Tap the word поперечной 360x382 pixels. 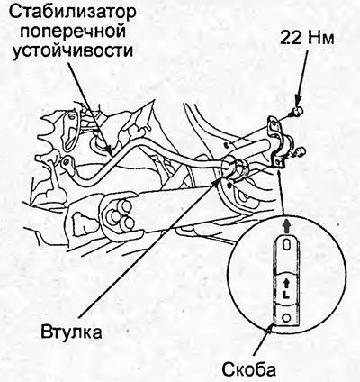tap(73, 31)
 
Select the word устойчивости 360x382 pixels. tap(73, 51)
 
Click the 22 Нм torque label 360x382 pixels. tap(307, 39)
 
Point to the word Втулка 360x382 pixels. tap(72, 332)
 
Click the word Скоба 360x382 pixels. tap(248, 369)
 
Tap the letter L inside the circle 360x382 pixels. tap(285, 295)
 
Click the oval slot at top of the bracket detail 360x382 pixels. tap(286, 246)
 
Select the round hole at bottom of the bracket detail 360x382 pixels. tap(286, 318)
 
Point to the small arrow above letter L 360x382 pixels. tap(285, 283)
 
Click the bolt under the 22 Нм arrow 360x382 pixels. tap(297, 112)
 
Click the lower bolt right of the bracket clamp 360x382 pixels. tap(300, 151)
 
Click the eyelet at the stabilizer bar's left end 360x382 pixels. tap(67, 162)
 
